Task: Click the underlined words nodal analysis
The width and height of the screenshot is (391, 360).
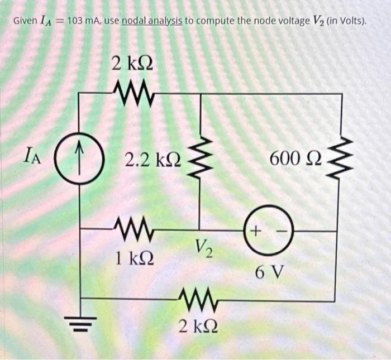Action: [x=150, y=22]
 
